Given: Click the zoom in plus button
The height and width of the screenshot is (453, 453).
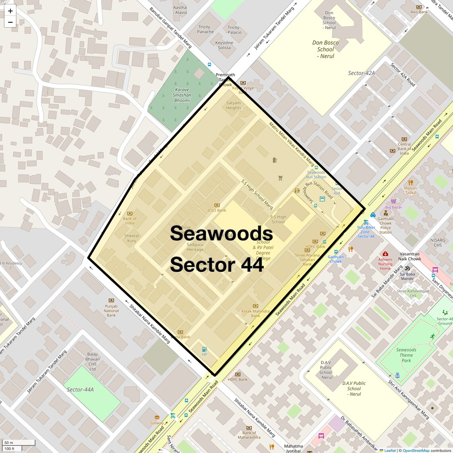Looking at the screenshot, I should coord(10,11).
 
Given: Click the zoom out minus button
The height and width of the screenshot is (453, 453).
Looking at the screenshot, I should coord(10,22).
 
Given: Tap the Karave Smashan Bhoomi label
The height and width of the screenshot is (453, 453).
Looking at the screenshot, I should coord(182,95).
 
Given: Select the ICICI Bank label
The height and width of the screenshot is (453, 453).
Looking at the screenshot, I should coord(217,210).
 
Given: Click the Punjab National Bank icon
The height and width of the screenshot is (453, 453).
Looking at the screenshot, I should coord(111,300).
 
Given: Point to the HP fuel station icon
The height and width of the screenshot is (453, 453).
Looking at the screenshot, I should coord(204,349).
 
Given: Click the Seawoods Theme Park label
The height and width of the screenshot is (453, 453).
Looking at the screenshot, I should coord(406,355).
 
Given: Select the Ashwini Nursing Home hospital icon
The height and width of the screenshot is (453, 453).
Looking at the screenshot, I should coord(385,254).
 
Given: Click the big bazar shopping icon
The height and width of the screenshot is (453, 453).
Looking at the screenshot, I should coord(393,201).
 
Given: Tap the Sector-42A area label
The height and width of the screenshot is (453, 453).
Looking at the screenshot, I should coord(361,73).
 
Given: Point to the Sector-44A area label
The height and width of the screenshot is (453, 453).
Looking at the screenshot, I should coord(80,389).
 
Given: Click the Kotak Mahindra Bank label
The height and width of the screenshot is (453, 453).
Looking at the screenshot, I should coord(256,314).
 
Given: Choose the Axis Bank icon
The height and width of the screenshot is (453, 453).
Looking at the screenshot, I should coord(419,7).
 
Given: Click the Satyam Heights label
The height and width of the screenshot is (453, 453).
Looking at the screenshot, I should coord(234,105).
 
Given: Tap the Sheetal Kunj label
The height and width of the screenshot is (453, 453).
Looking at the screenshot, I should coord(132,238).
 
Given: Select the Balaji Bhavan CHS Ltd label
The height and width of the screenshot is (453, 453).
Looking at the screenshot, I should coord(93,362).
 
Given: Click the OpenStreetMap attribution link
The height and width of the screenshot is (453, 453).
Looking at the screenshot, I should coord(416,451).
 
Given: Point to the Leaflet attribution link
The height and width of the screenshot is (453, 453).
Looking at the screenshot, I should coord(390,451).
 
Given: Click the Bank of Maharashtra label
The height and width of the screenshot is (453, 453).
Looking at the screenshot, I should coord(249,435).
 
